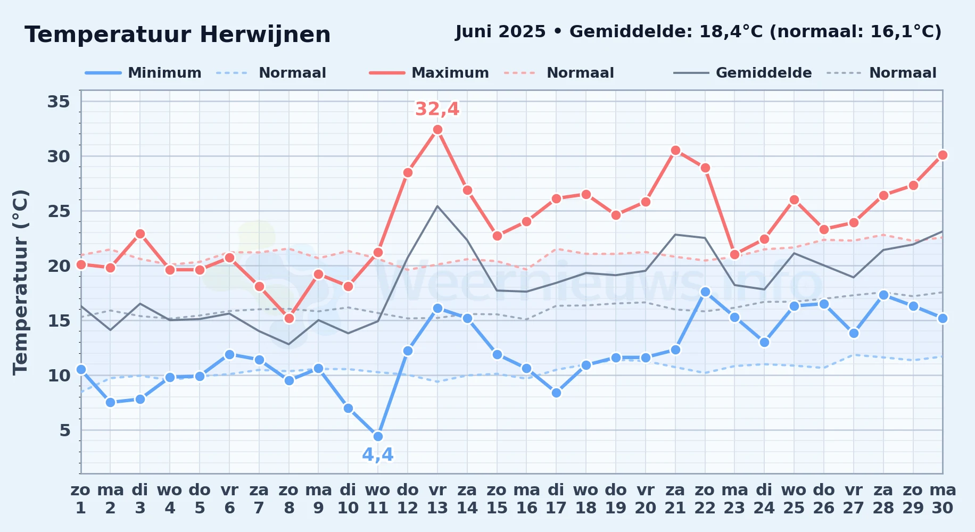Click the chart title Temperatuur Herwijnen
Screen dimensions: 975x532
(178, 35)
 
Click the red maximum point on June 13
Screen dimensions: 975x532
(437, 129)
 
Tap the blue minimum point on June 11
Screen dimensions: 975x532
(378, 436)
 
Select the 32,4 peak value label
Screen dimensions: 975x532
(437, 109)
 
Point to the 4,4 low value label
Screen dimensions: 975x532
(378, 454)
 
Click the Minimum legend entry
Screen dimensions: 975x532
(143, 73)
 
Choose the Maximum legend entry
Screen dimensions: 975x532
(429, 73)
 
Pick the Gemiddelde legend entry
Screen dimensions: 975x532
(743, 73)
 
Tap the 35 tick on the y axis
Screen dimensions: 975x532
(59, 101)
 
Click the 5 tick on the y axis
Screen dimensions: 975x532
(64, 430)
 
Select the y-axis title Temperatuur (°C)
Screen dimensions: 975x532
(20, 282)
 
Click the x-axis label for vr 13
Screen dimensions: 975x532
(437, 499)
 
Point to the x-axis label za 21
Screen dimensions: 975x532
(675, 499)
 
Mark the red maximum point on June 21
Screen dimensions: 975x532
(675, 150)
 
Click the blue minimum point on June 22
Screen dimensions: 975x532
(705, 292)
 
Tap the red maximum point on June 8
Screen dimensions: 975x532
(289, 318)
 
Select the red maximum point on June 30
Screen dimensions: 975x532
(943, 155)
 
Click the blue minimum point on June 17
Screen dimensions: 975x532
(556, 393)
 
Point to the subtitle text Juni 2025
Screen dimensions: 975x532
(500, 32)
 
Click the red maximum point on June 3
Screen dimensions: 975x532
(140, 234)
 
